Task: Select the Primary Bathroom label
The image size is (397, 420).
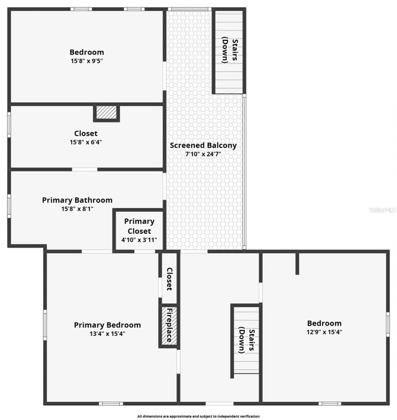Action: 77,200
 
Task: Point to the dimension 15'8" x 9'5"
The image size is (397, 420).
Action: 86,60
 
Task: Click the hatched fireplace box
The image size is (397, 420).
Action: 169,326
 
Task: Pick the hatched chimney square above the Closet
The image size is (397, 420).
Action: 106,113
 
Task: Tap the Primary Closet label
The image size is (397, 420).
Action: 139,226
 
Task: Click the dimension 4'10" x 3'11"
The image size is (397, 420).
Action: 139,240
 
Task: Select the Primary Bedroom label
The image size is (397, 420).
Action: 107,325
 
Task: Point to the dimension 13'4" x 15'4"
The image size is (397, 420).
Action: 107,334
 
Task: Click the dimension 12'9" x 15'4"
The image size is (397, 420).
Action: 325,332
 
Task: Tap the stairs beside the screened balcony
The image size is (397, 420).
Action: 229,51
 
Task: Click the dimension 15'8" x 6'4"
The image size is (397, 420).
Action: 86,142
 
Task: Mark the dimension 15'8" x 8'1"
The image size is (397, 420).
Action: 77,209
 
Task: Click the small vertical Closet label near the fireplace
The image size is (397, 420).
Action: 169,279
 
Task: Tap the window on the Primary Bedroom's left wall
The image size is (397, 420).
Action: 45,325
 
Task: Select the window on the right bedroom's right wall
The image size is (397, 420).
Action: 387,324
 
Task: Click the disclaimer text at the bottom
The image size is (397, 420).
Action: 198,416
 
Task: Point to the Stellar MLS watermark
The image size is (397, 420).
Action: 382,210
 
